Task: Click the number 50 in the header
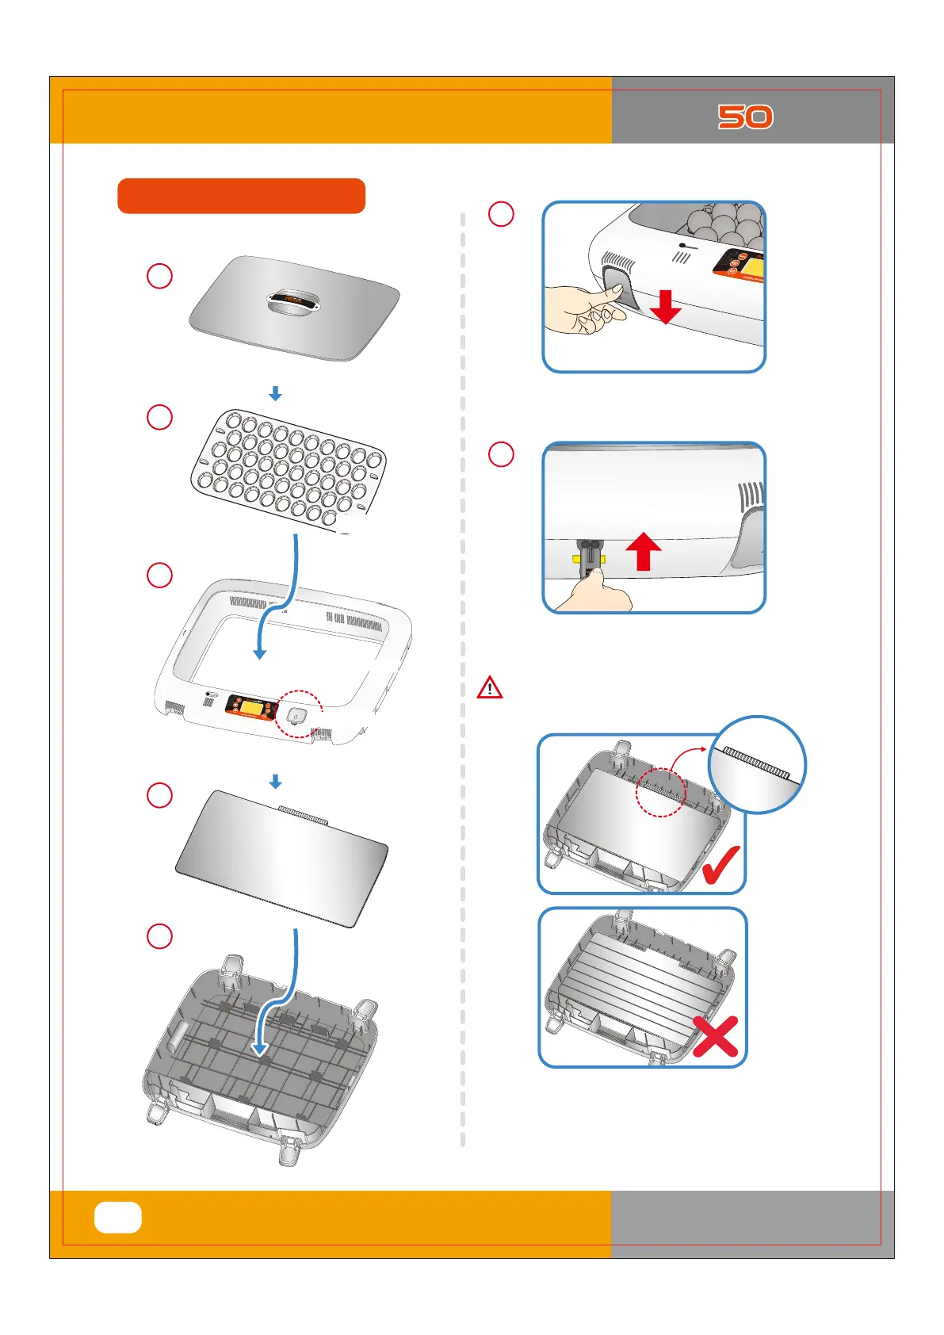(745, 117)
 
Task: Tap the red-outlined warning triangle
(490, 687)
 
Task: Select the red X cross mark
(716, 1036)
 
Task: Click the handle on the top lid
(293, 304)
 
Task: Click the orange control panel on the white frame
(250, 706)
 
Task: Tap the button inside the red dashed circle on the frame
(296, 717)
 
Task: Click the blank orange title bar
(241, 196)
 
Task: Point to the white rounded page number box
(118, 1217)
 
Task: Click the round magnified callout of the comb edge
(757, 764)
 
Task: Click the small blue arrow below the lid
(275, 393)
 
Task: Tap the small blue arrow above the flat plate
(275, 782)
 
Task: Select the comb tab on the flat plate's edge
(302, 814)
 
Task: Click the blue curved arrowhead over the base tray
(259, 1048)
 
